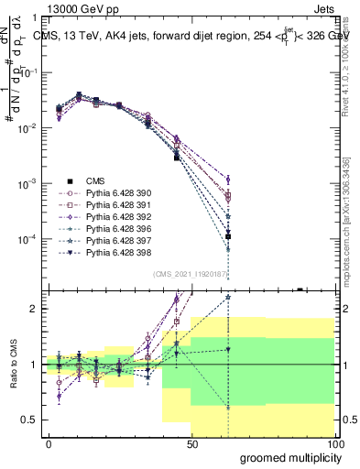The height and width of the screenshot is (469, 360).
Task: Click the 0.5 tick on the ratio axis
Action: (28, 420)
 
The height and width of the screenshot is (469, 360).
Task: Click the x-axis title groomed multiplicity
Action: (286, 457)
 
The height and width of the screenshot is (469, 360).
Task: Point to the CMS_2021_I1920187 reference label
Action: (189, 273)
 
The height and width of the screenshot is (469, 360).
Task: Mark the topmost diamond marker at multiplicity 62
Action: (228, 180)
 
